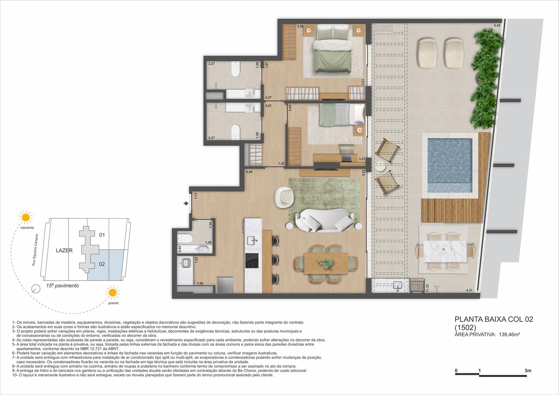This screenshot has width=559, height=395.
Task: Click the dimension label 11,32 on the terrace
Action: pos(427,288)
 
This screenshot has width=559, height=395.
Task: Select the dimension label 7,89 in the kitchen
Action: pos(200,283)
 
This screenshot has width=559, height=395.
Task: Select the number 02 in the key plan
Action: pos(102,264)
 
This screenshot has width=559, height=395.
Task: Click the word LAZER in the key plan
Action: pos(64,251)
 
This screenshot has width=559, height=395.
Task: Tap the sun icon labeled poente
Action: pos(112,293)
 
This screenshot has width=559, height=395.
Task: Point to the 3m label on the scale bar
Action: pos(528,370)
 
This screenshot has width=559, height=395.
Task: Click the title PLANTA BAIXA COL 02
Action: pos(493,319)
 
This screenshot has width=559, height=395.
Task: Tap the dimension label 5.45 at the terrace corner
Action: pos(497,26)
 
